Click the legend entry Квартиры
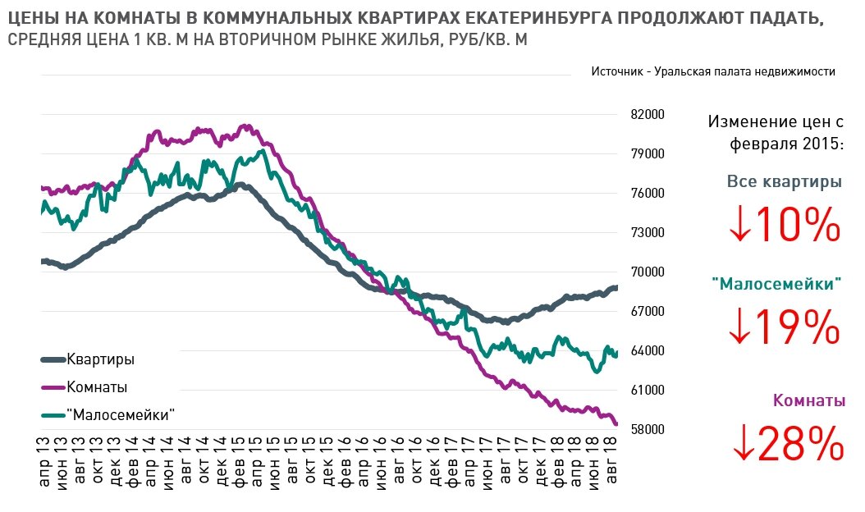(x=100, y=359)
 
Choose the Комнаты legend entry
(x=96, y=387)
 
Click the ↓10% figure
(x=784, y=225)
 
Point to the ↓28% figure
(x=785, y=444)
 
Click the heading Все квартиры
(x=784, y=181)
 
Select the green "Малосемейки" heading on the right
(x=776, y=285)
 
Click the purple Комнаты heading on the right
(x=808, y=400)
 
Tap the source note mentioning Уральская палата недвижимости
(x=712, y=71)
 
